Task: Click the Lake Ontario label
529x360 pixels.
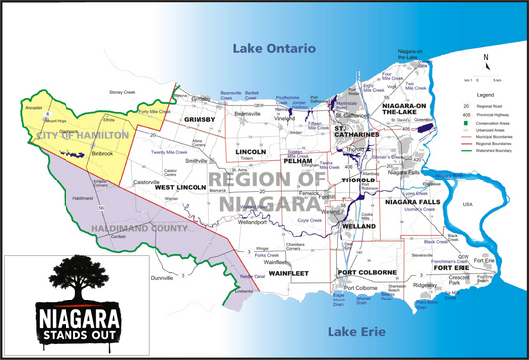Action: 274,48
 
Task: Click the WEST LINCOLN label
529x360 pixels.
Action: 180,187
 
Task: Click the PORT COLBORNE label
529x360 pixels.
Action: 367,272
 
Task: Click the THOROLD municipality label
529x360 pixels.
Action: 357,180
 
